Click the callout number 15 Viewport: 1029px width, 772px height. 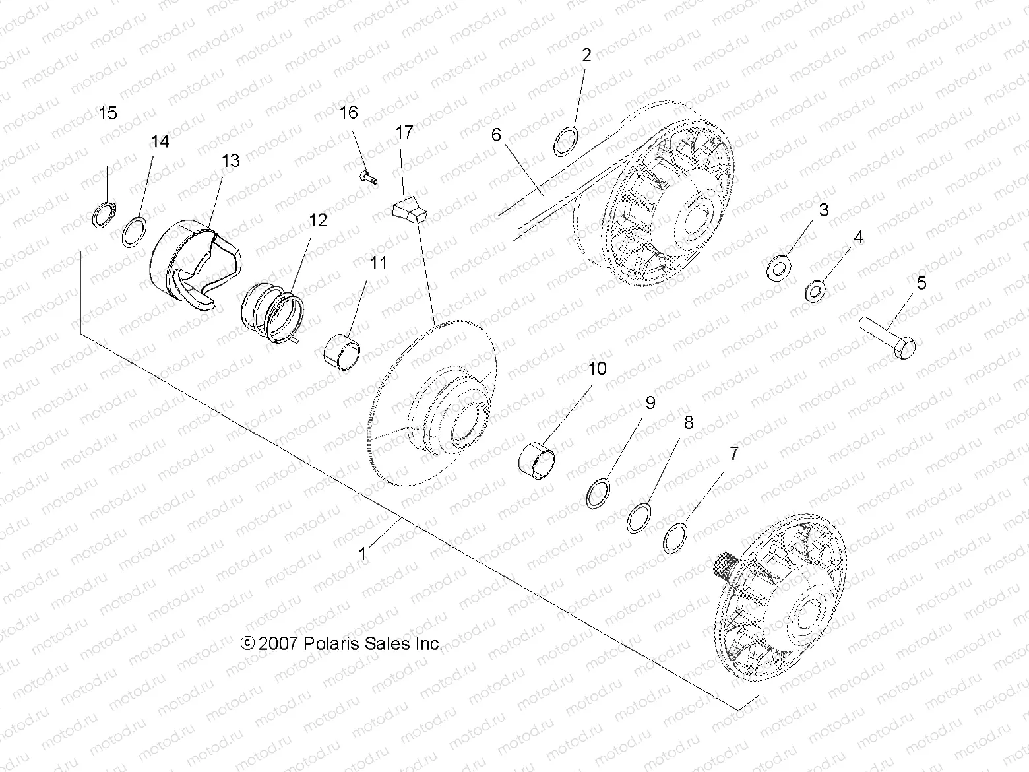[x=108, y=113]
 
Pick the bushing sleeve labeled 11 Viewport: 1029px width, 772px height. [x=343, y=350]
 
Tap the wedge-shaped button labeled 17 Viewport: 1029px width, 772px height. [x=410, y=210]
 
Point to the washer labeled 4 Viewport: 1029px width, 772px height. [x=816, y=289]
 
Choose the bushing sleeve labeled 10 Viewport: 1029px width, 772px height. [x=538, y=458]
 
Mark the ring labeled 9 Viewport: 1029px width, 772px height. [x=598, y=495]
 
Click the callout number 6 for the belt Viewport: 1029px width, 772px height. [x=496, y=135]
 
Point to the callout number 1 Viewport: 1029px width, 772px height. [x=362, y=553]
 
